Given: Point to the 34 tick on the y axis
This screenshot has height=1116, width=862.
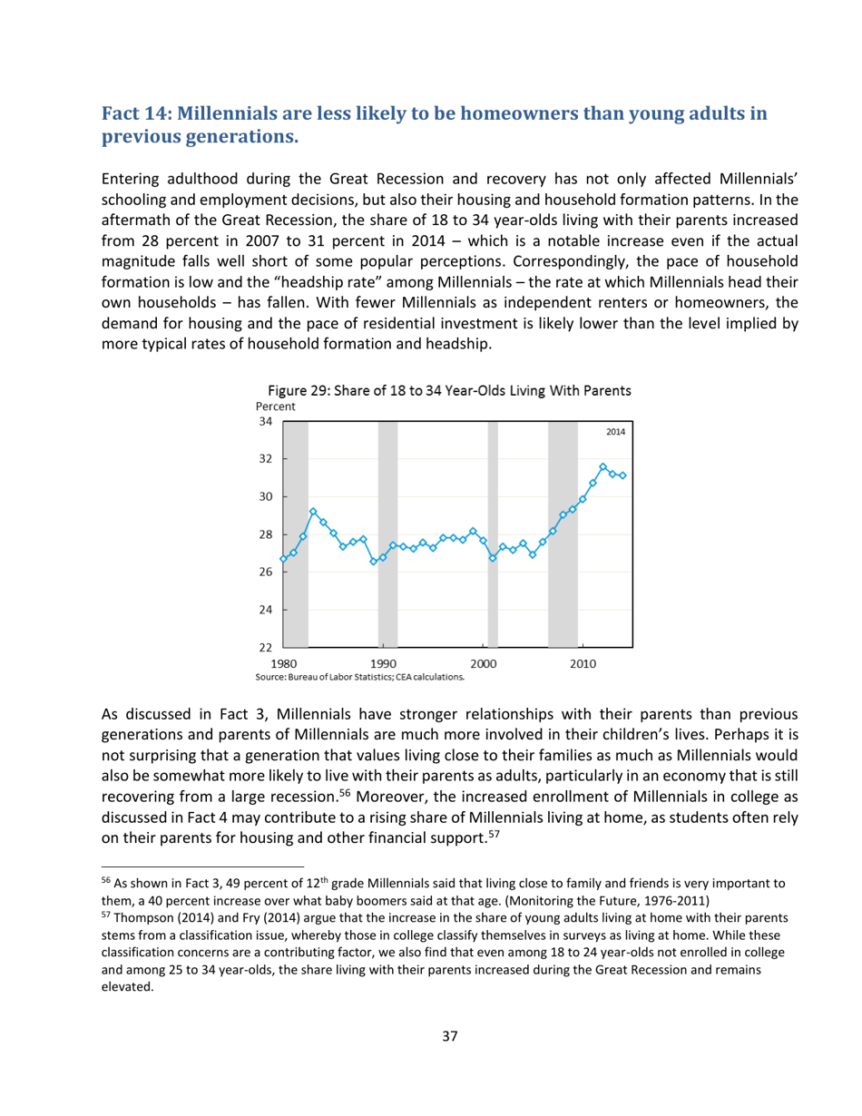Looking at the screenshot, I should click(264, 421).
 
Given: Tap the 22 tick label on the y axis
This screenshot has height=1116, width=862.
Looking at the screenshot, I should click(264, 647).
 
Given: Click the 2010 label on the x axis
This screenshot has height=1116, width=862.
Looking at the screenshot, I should click(583, 663).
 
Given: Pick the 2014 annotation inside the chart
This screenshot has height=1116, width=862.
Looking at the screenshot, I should click(614, 434).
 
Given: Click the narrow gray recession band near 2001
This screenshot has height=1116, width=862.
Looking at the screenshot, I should click(493, 534).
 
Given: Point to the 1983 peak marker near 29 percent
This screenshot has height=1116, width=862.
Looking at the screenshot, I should click(313, 512).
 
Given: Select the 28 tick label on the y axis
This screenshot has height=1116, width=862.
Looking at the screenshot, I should click(264, 534).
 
